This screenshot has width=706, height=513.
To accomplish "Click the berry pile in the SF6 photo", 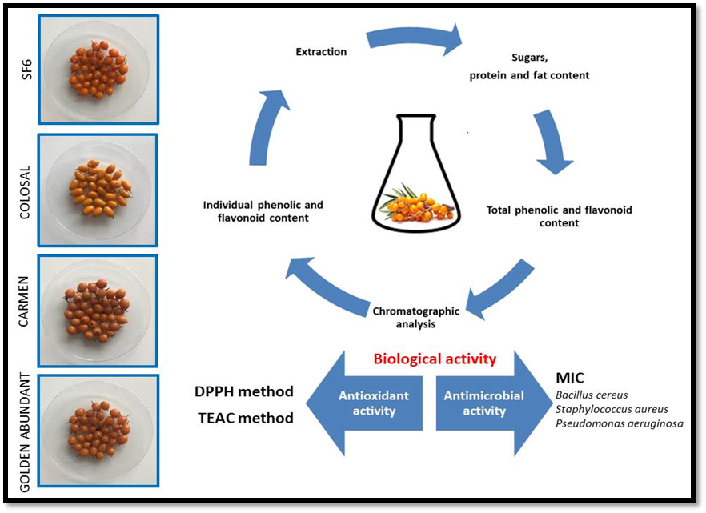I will [x=97, y=70].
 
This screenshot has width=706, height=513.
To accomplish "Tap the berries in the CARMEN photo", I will [x=97, y=309].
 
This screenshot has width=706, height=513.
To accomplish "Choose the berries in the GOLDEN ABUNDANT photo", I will [x=98, y=429].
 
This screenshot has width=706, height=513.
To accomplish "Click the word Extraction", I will [x=321, y=52].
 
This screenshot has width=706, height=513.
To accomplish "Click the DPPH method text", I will [x=244, y=391].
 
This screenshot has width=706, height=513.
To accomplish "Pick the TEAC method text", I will [x=244, y=418].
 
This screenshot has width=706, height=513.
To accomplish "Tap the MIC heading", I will [x=570, y=376].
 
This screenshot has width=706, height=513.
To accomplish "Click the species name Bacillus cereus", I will [x=591, y=395].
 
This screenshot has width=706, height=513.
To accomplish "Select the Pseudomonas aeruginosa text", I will [x=619, y=423].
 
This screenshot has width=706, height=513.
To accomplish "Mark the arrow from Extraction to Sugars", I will [x=415, y=38].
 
